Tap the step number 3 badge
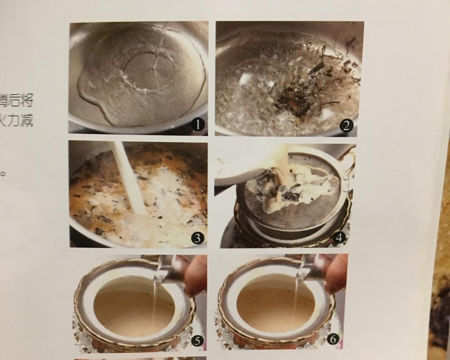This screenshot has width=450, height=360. (197, 238)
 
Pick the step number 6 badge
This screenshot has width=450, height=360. (332, 340)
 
